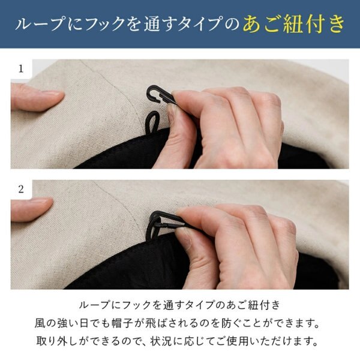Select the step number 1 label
[x=21, y=68]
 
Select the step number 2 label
[x=21, y=189]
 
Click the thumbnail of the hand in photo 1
[x=171, y=114]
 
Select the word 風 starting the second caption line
[x=40, y=324]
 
